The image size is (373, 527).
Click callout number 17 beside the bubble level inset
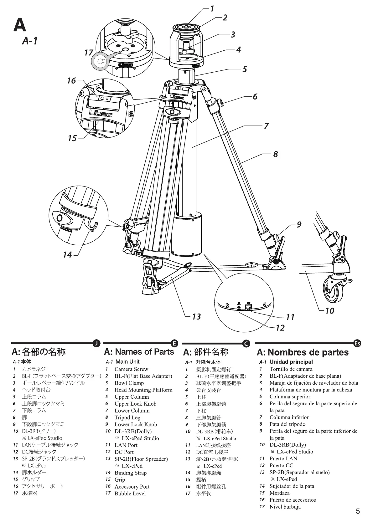(x=89, y=53)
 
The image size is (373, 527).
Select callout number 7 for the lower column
(x=266, y=126)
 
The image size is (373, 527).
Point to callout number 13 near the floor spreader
(x=196, y=317)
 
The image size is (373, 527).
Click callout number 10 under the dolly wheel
(x=329, y=311)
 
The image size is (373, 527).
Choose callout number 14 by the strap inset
(x=68, y=255)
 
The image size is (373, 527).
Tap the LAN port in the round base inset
(x=248, y=307)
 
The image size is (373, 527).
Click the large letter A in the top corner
(x=20, y=25)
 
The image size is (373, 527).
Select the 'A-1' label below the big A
(x=30, y=41)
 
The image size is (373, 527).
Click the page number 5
(x=358, y=511)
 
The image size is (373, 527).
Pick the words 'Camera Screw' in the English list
(x=131, y=369)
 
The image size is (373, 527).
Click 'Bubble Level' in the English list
(x=130, y=494)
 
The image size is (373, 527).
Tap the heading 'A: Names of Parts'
(x=139, y=352)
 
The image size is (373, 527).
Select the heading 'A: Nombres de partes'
(x=303, y=352)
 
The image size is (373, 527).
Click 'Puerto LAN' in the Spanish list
(x=283, y=458)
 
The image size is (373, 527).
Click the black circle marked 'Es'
(x=357, y=343)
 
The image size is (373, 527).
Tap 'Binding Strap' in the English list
(x=130, y=473)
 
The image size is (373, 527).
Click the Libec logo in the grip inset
(x=101, y=113)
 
